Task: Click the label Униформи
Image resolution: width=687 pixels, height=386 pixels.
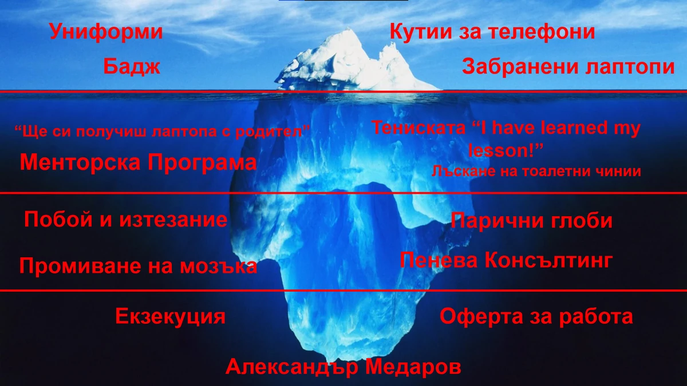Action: [x=106, y=31]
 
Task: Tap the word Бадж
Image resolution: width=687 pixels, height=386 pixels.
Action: [x=132, y=67]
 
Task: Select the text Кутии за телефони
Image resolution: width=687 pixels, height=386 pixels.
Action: [x=492, y=31]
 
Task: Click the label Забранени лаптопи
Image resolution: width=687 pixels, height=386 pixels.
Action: [x=568, y=67]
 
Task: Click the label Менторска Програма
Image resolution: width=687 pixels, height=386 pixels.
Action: [x=138, y=162]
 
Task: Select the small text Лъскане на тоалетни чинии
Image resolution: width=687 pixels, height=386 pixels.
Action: [x=536, y=171]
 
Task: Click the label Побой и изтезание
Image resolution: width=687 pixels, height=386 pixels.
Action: [x=126, y=219]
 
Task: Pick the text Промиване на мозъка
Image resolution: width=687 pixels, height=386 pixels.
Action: [x=138, y=266]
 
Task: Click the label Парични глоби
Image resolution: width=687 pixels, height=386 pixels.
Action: [x=531, y=221]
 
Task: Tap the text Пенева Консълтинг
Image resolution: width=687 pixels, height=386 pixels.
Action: [x=506, y=261]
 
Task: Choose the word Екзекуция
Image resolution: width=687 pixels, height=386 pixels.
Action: [x=170, y=316]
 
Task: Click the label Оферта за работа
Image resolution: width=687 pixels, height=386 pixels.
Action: [x=536, y=316]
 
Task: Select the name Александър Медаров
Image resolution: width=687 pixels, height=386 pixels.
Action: [x=343, y=367]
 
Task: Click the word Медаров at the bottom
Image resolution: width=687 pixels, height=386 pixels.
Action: [x=413, y=367]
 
